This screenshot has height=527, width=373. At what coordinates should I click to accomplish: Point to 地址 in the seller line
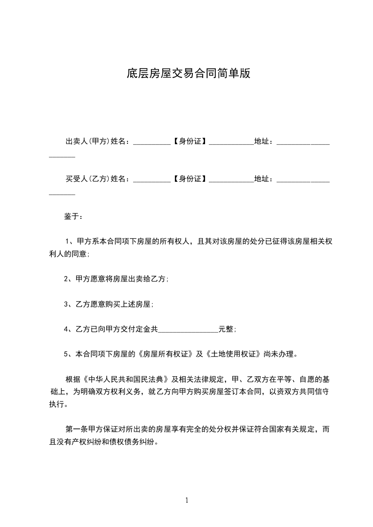[x=262, y=141]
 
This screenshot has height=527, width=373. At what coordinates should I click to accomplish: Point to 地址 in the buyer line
[x=262, y=179]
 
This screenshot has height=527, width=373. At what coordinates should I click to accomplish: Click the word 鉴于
[x=72, y=217]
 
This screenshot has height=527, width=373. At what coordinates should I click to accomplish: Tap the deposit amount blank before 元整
[x=188, y=331]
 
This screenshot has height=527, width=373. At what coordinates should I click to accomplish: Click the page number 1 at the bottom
[x=187, y=500]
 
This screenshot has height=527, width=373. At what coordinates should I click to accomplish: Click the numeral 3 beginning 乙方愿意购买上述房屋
[x=66, y=304]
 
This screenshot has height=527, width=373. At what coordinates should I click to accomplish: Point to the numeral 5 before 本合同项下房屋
[x=66, y=354]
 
